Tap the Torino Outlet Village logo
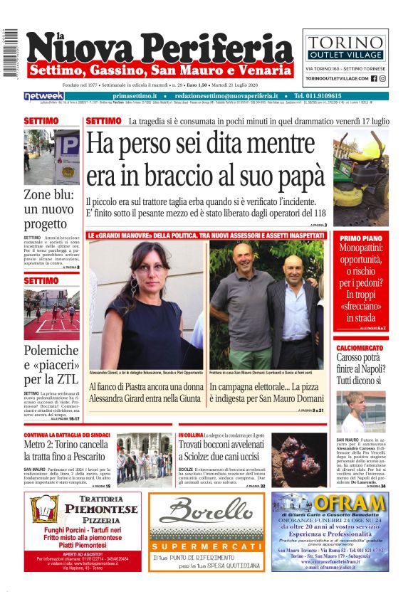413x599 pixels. click(345, 45)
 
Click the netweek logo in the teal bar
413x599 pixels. click(44, 96)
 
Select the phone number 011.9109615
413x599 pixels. click(328, 96)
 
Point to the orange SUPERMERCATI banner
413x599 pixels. click(207, 546)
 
